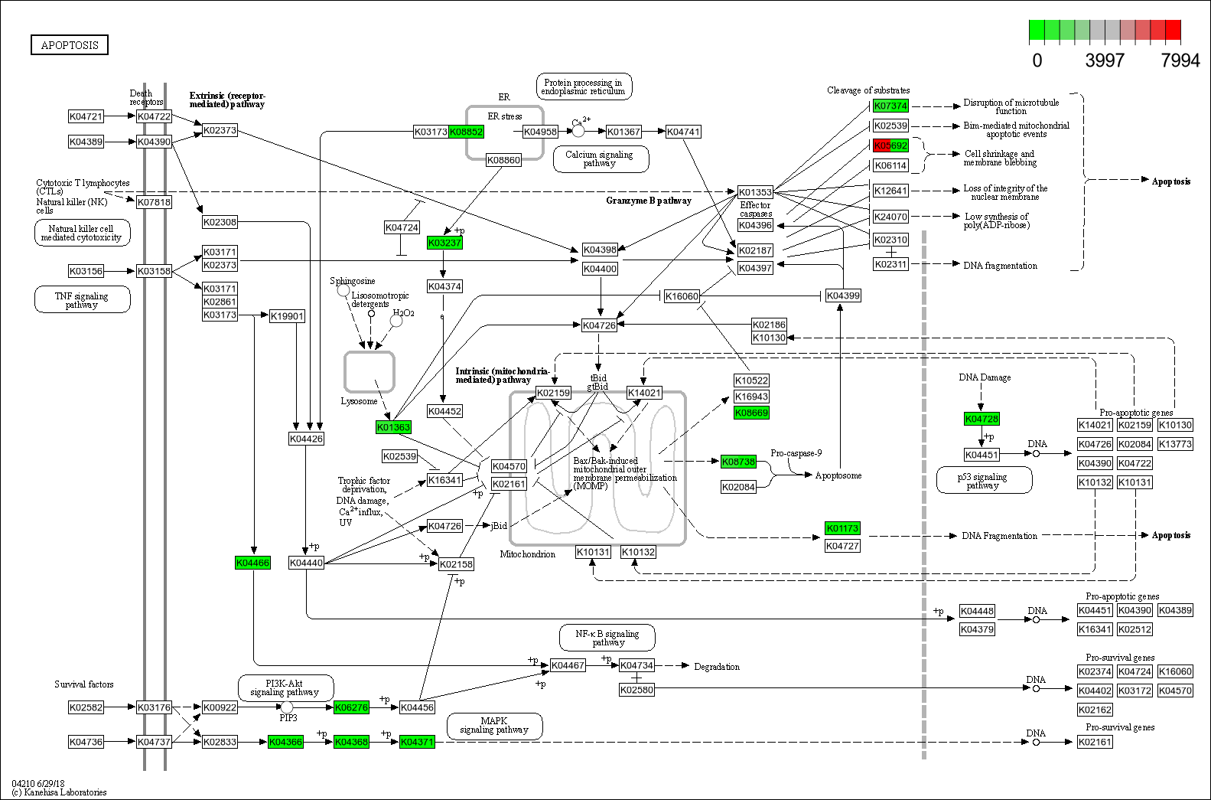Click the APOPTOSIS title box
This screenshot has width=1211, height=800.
tap(70, 45)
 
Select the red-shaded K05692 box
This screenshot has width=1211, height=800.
tap(890, 145)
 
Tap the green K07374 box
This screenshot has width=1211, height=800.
tap(890, 106)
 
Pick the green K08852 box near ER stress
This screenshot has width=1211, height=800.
tap(466, 132)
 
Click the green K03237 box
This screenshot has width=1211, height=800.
tap(444, 243)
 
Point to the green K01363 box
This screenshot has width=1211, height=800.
tap(393, 427)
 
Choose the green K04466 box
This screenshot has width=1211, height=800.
tap(252, 563)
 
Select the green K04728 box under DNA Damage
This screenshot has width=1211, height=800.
tap(981, 419)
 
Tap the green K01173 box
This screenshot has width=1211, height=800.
tap(842, 528)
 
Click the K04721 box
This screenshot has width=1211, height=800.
tap(86, 116)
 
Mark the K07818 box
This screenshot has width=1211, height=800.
tap(154, 202)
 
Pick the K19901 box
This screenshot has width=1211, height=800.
tap(287, 315)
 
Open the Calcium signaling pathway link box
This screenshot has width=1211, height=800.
tap(601, 159)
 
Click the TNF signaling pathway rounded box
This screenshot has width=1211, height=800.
tap(82, 300)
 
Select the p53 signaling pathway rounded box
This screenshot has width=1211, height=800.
tap(983, 481)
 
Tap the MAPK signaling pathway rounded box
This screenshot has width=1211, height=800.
tap(494, 726)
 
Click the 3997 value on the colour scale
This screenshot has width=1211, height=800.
tap(1105, 60)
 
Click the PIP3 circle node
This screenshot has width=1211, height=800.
tap(287, 707)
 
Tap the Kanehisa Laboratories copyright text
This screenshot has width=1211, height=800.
tap(60, 792)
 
